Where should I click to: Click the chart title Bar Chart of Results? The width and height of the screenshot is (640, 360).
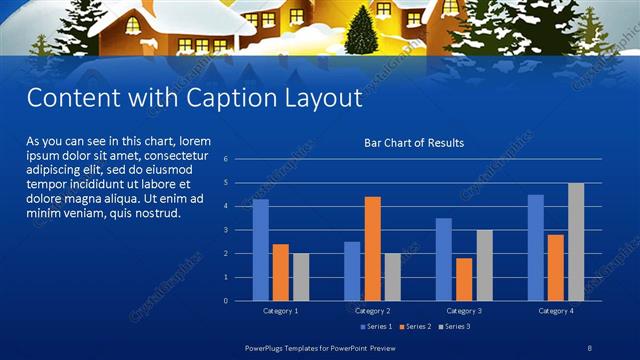point(413,143)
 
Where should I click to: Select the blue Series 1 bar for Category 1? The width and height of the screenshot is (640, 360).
point(260,250)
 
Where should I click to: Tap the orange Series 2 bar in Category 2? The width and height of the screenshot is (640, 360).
point(372,248)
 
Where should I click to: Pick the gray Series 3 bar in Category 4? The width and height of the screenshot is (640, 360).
point(576,242)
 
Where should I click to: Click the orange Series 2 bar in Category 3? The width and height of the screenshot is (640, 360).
point(463,279)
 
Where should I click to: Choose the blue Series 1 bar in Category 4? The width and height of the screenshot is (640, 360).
point(535,247)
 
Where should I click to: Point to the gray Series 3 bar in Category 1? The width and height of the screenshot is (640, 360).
point(301,276)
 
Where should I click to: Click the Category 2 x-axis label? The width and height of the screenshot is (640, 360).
point(372,311)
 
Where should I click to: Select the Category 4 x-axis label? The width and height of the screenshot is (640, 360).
point(555,311)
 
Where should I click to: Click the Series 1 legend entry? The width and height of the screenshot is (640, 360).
point(377,326)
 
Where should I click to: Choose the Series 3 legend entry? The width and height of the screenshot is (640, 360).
point(455,326)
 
